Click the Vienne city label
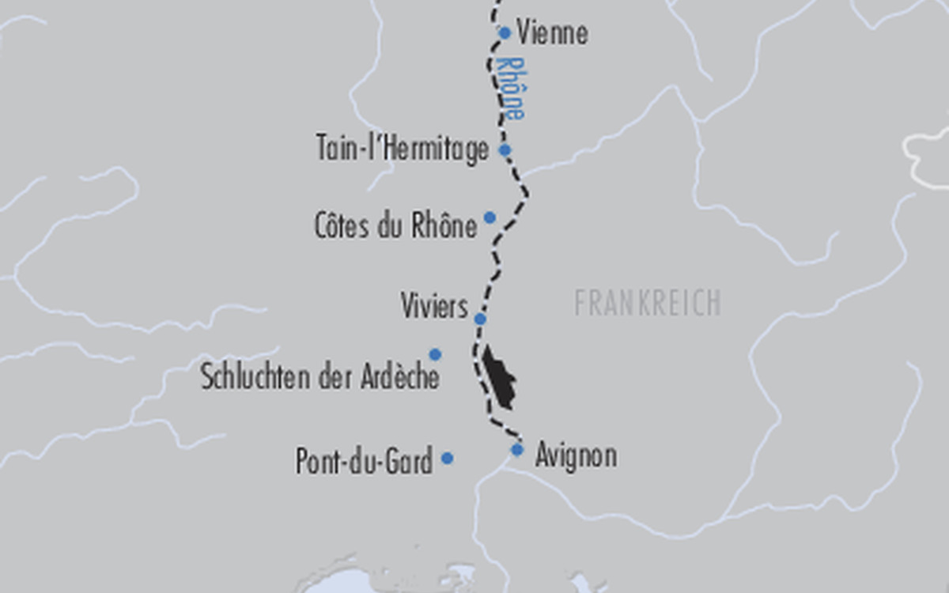(x=552, y=33)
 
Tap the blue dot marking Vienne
(x=505, y=33)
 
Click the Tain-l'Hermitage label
(x=403, y=149)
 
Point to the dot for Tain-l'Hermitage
(x=505, y=149)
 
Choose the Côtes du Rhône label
(x=395, y=226)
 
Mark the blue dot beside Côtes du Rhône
(x=490, y=217)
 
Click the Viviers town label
(x=434, y=306)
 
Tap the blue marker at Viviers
(x=479, y=319)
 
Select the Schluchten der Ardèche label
(x=319, y=377)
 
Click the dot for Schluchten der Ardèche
(x=435, y=354)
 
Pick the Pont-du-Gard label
(x=364, y=461)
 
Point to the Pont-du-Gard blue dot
(x=447, y=458)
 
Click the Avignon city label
(x=576, y=456)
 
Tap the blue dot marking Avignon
(x=517, y=450)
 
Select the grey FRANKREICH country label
(x=647, y=304)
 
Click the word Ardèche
(x=399, y=377)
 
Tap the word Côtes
(x=342, y=226)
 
